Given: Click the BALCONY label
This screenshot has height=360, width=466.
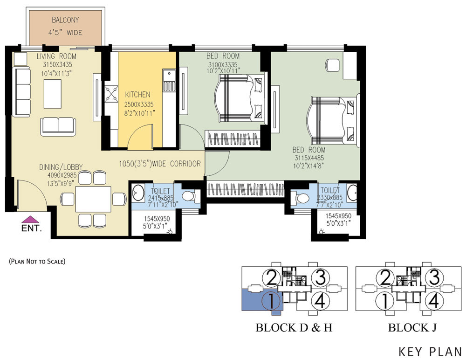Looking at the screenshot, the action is click(65, 20).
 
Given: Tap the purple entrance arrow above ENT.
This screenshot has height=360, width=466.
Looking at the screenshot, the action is click(30, 220).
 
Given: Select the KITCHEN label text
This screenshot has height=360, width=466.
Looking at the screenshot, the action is click(137, 95).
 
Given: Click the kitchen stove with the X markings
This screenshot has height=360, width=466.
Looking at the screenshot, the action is click(111, 95).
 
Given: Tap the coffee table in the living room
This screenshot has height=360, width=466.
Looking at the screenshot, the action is click(53, 94).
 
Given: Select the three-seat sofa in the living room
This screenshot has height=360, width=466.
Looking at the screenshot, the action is click(22, 91).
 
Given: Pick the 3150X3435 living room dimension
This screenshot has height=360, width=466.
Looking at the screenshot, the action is click(57, 64).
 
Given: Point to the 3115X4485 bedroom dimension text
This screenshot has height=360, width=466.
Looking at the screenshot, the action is click(309, 158).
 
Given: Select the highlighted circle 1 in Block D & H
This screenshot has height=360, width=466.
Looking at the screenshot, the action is click(271, 300).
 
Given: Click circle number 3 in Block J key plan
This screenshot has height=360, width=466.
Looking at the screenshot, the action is click(434, 277).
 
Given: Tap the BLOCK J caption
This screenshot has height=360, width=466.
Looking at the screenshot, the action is click(412, 327).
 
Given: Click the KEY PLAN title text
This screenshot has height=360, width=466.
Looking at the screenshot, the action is click(430, 352).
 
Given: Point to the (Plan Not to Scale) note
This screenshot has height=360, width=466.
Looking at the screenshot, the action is click(37, 261).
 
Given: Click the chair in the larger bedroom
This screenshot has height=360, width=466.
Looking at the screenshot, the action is click(333, 65).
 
